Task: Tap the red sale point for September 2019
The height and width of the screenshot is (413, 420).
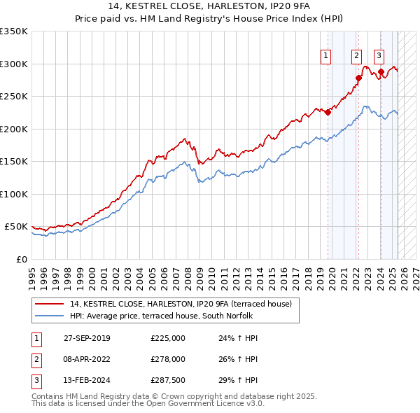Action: [328, 112]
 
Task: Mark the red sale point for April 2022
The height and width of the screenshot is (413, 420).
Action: [358, 78]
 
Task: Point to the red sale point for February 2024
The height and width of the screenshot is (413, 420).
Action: [381, 71]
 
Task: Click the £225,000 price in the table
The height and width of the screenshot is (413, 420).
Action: [168, 338]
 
